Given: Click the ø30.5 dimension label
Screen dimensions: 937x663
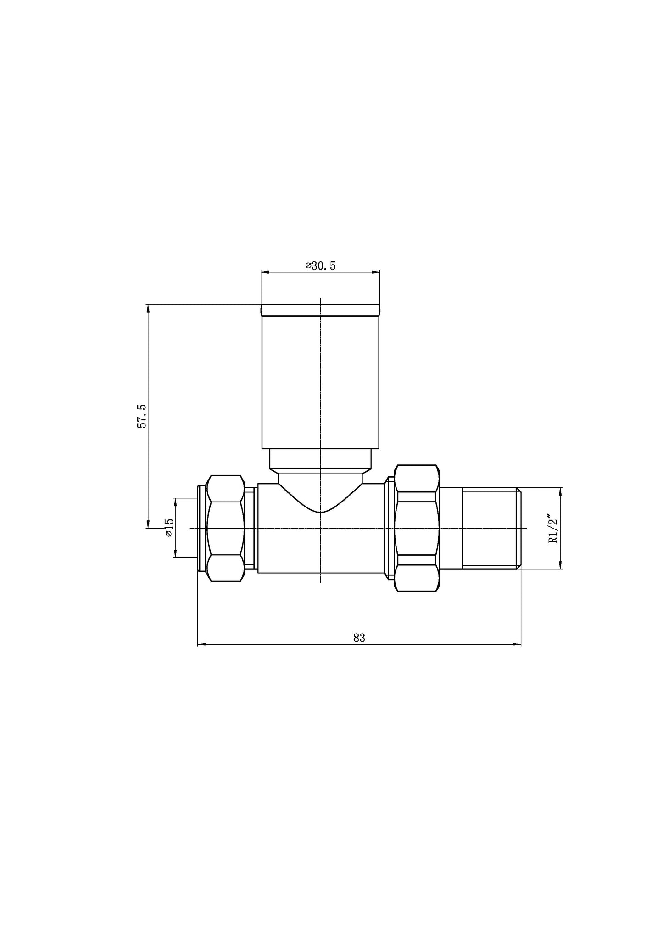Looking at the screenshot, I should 320,266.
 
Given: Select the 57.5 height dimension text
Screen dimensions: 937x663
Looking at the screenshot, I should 142,416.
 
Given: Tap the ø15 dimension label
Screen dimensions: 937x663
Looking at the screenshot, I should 168,528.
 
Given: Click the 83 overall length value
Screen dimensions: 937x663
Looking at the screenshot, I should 359,638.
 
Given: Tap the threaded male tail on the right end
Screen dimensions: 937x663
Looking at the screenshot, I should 489,528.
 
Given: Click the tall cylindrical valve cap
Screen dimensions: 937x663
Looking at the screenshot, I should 320,380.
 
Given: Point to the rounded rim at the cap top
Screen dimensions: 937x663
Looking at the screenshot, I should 320,310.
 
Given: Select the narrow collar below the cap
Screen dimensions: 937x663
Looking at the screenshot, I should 320,458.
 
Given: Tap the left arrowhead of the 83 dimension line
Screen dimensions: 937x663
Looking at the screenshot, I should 201,645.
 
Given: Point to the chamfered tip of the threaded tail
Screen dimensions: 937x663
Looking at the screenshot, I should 519,528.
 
